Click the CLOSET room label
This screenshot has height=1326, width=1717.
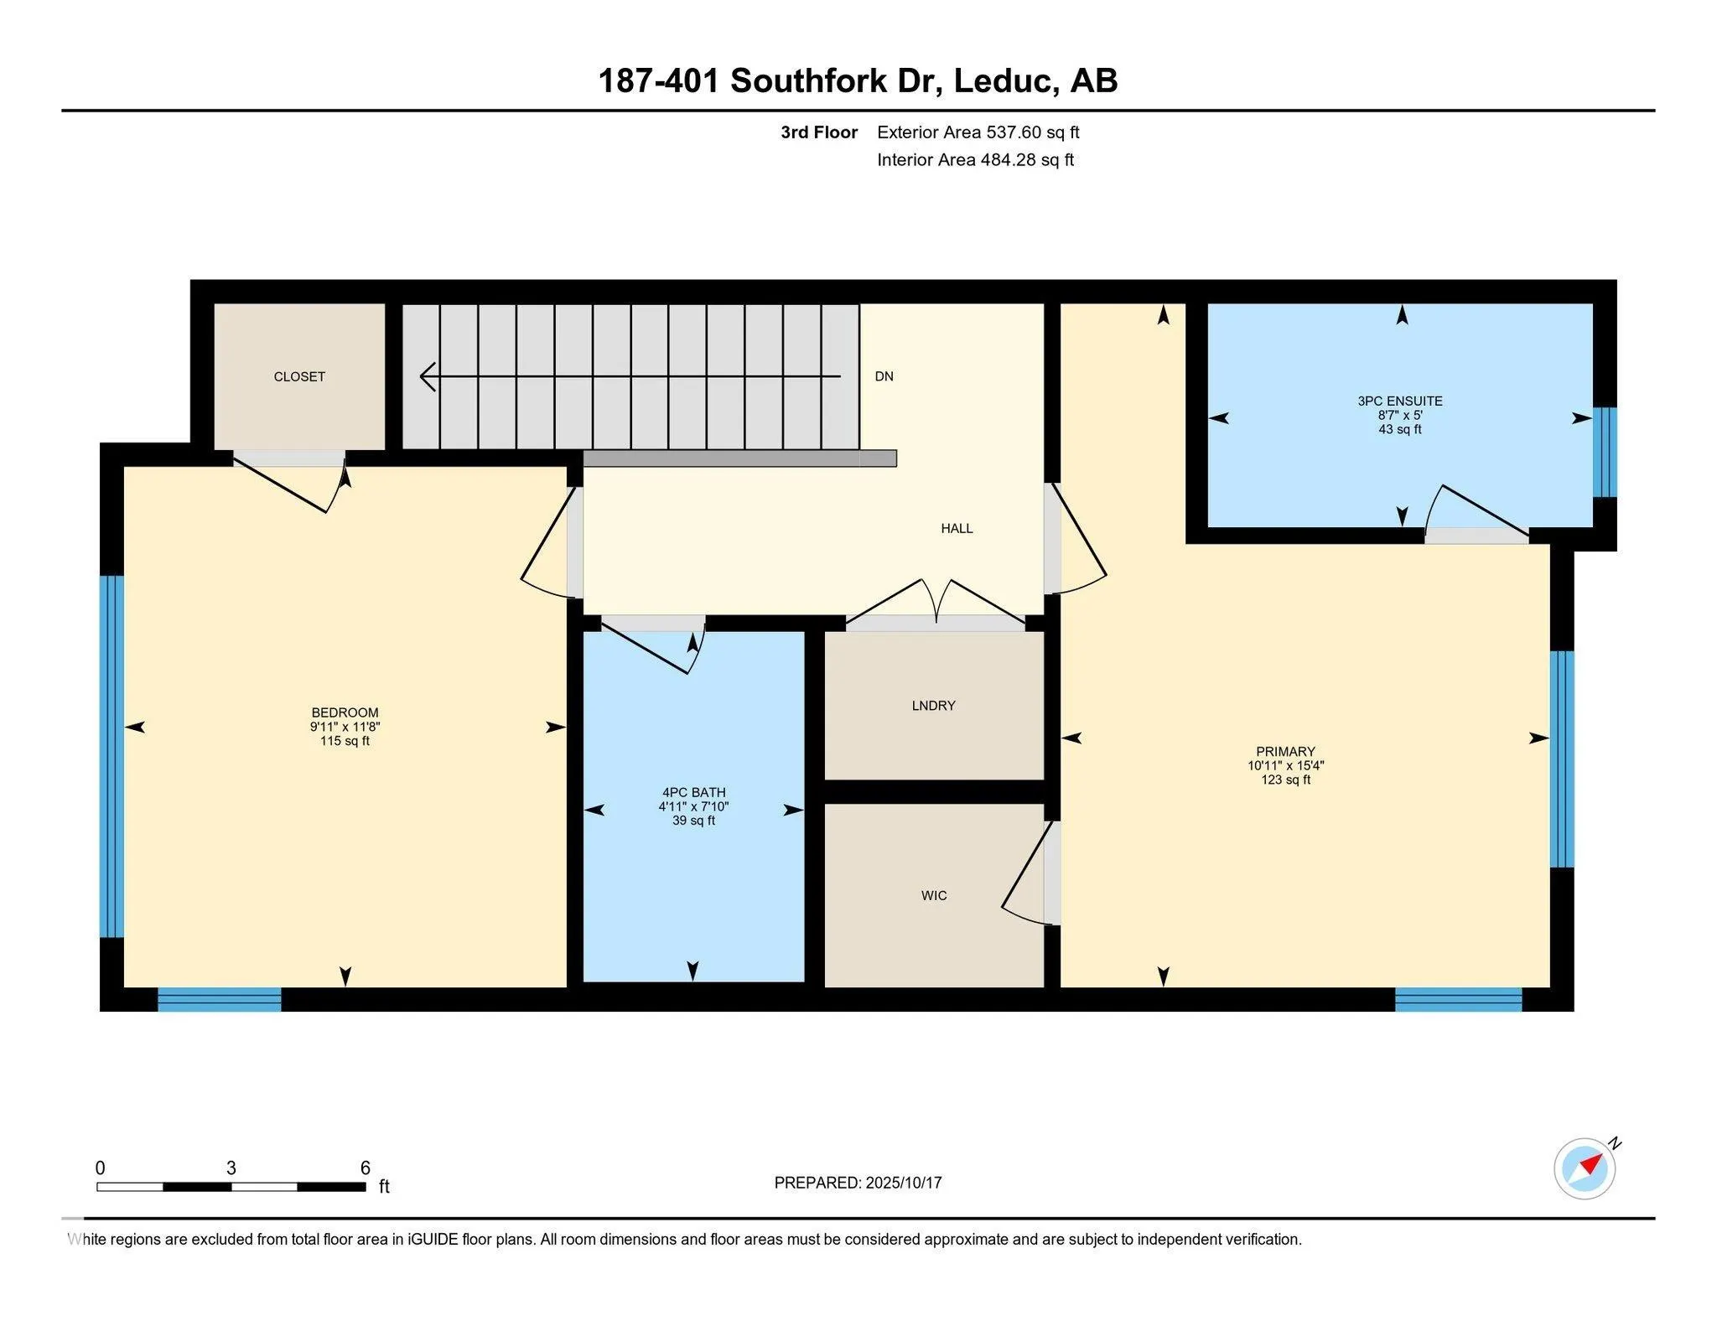(x=299, y=377)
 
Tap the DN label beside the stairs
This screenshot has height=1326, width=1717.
(x=884, y=376)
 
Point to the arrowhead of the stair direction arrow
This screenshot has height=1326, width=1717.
(x=428, y=376)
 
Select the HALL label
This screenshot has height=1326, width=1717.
(x=957, y=528)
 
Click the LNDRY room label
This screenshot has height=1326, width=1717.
(x=933, y=706)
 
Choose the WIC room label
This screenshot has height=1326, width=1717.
(x=934, y=895)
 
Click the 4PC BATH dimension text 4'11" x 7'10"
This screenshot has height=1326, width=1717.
(x=693, y=806)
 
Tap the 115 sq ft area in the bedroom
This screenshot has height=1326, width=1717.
(x=345, y=741)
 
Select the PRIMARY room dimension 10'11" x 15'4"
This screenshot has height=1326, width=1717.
(x=1285, y=765)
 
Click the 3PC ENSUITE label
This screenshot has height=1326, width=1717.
(x=1400, y=401)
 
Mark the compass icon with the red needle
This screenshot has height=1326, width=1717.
(x=1585, y=1168)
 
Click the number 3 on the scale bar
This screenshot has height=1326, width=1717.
(x=231, y=1168)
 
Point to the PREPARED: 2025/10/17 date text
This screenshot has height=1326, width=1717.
(x=858, y=1183)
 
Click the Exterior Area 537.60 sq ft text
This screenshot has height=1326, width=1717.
(x=978, y=132)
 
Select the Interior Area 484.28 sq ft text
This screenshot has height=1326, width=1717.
(x=975, y=160)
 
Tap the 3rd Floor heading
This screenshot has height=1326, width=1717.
(x=819, y=132)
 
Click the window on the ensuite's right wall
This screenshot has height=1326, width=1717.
(x=1604, y=453)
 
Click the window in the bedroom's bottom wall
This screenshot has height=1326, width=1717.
(x=220, y=999)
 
